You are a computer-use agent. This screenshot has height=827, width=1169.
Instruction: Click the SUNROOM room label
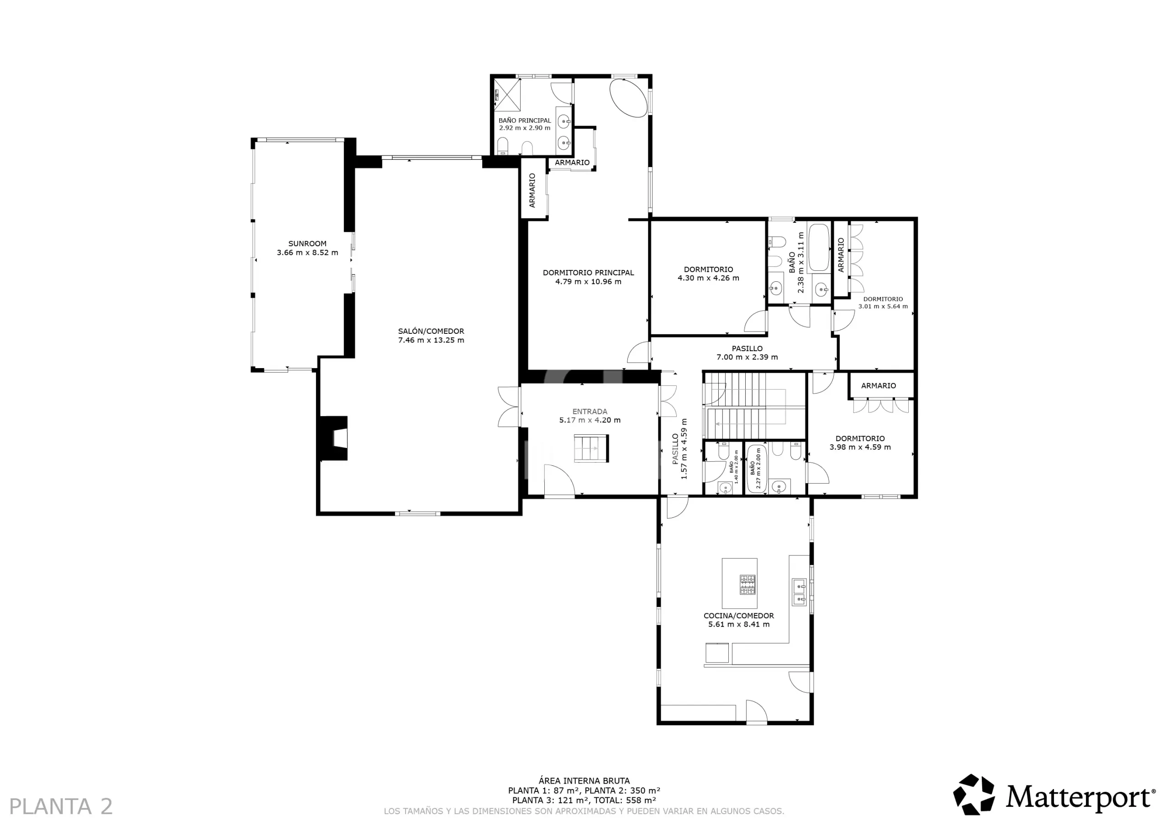[x=307, y=243]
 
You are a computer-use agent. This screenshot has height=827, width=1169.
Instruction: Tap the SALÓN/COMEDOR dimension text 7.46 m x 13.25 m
[x=431, y=340]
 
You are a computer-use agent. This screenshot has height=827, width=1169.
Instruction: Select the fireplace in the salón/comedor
[x=333, y=438]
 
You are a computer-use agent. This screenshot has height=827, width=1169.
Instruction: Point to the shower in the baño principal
[x=507, y=94]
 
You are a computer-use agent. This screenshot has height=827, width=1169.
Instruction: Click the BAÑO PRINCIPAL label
[x=524, y=121]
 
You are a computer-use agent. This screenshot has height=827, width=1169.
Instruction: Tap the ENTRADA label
[x=590, y=411]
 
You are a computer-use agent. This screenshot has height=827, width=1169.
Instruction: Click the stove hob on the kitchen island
[x=748, y=585]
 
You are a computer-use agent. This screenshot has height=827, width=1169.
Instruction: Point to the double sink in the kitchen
[x=800, y=592]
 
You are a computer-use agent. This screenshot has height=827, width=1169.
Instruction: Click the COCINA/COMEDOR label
[x=739, y=616]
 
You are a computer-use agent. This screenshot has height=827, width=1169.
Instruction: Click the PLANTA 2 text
[x=61, y=806]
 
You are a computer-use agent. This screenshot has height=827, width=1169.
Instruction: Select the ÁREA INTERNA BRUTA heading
[x=584, y=781]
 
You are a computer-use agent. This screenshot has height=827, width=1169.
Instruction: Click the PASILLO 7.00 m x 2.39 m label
[x=747, y=353]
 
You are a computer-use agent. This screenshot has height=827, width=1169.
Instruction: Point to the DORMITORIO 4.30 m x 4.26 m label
[x=708, y=274]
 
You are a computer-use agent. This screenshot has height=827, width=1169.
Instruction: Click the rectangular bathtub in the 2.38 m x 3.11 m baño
[x=819, y=248]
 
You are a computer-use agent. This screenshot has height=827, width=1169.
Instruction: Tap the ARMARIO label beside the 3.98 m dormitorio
[x=878, y=385]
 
